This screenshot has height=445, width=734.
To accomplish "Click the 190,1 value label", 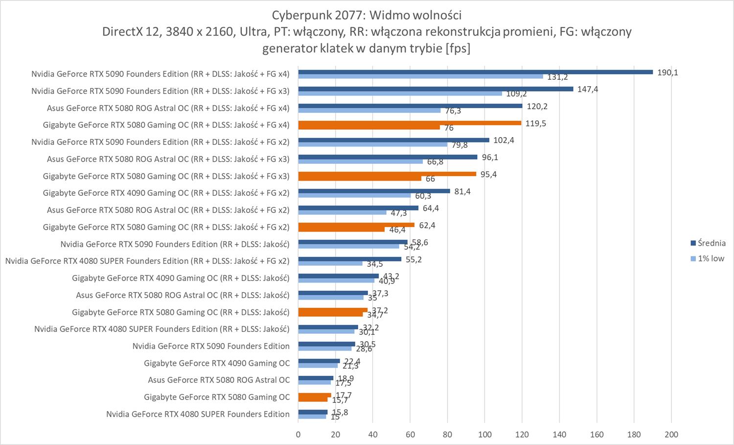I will [x=668, y=72].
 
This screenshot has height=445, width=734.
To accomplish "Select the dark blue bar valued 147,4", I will [x=436, y=89].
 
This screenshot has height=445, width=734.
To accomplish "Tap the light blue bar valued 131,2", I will [x=421, y=76].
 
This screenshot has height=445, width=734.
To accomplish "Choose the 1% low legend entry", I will [x=708, y=258].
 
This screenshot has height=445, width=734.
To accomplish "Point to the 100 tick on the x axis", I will [x=484, y=434].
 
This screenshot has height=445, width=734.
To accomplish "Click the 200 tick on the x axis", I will [x=671, y=434].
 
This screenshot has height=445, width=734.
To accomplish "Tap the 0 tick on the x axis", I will [x=298, y=434].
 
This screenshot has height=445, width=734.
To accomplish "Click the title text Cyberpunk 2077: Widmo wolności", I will [x=367, y=15].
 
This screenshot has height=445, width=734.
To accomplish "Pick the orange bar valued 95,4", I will [x=387, y=174].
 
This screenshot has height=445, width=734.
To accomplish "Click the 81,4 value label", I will [x=462, y=191].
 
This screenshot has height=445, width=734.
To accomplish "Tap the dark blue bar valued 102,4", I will [x=393, y=140].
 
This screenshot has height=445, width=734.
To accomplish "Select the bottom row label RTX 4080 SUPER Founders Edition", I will [x=198, y=414].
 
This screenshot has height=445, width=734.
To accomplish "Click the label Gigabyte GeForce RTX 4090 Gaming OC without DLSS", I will [x=217, y=363].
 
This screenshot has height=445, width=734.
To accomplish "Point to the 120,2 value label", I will [x=537, y=106].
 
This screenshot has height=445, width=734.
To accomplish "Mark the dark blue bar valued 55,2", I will [x=349, y=259].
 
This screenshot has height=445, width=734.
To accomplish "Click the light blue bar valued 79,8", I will [x=372, y=144].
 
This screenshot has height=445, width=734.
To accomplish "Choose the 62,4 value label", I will [x=427, y=225].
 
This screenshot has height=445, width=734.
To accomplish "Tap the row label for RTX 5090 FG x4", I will [x=160, y=74].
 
